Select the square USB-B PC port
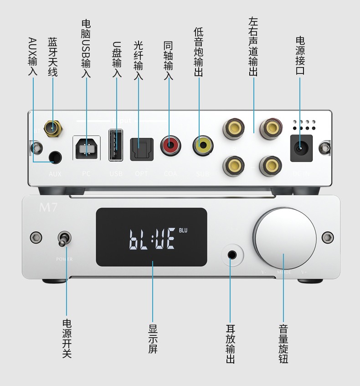click(x=87, y=147)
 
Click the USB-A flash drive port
click(x=116, y=145)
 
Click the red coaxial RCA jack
click(x=170, y=146)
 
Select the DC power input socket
click(x=301, y=147)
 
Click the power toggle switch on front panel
click(x=64, y=239)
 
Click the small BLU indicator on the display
click(x=183, y=230)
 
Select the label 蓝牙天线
click(x=53, y=57)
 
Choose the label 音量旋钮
click(x=283, y=343)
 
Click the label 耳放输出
click(x=231, y=343)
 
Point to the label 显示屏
click(x=153, y=338)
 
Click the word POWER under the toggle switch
click(x=64, y=259)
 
